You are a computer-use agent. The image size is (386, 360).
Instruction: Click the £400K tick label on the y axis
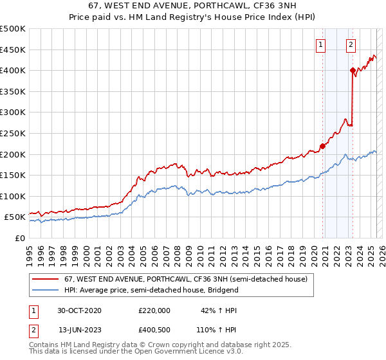(12, 70)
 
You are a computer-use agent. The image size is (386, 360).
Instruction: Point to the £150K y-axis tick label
(12, 175)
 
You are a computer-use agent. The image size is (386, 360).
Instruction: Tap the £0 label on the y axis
(19, 238)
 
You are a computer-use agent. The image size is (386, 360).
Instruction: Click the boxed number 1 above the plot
(320, 44)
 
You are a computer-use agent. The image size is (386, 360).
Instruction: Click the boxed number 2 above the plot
(351, 44)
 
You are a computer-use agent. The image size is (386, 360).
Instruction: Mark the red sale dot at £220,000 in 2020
(322, 145)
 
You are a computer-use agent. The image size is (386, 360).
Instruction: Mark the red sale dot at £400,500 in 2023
(353, 70)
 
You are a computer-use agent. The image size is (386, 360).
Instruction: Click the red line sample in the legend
(46, 279)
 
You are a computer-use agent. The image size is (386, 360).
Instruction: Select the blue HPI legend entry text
(151, 290)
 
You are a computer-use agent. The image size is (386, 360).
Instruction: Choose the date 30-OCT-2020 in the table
(79, 310)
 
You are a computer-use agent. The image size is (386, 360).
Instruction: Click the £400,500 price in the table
(154, 330)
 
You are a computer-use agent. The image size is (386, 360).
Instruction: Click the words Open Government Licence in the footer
(176, 351)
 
